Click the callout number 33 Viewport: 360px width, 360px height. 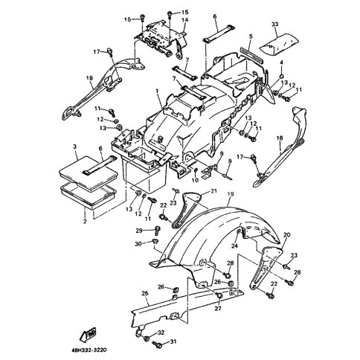point(274,25)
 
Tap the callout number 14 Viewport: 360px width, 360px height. point(185,20)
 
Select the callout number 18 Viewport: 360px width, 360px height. point(89,78)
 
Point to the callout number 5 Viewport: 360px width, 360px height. point(251,36)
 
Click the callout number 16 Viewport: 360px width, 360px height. point(280,138)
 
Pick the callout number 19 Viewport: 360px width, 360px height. point(231,195)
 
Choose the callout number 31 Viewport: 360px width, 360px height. point(173,341)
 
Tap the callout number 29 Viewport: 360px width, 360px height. point(139,231)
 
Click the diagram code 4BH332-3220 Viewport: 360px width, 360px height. point(89,350)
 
